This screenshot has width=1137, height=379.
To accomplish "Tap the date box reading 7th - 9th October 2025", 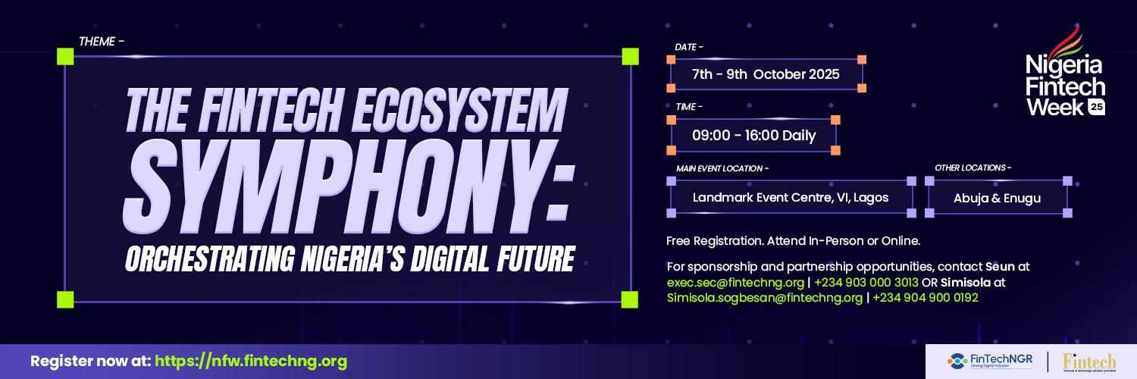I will pos(766,74).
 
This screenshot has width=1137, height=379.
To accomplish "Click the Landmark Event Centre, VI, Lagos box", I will pos(791,198).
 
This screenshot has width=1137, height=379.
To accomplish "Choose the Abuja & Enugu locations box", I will pos(997,198).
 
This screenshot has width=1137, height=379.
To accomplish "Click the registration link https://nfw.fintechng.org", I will pos(251,362).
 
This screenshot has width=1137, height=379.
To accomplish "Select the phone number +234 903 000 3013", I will pos(866,283).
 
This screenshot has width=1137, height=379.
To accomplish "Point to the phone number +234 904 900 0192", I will pos(925,298).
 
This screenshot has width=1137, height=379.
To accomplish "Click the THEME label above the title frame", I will pos(101,42).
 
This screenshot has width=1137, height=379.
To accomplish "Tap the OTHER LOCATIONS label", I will pos(973,168).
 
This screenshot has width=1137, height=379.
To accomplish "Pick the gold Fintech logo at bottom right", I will pos(1089,362).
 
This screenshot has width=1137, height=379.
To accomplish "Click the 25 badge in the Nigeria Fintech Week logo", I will pos(1096,108).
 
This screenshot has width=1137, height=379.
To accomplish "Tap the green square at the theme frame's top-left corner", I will pos(65,56).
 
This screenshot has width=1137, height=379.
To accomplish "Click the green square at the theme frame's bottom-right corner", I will pos(630,299).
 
